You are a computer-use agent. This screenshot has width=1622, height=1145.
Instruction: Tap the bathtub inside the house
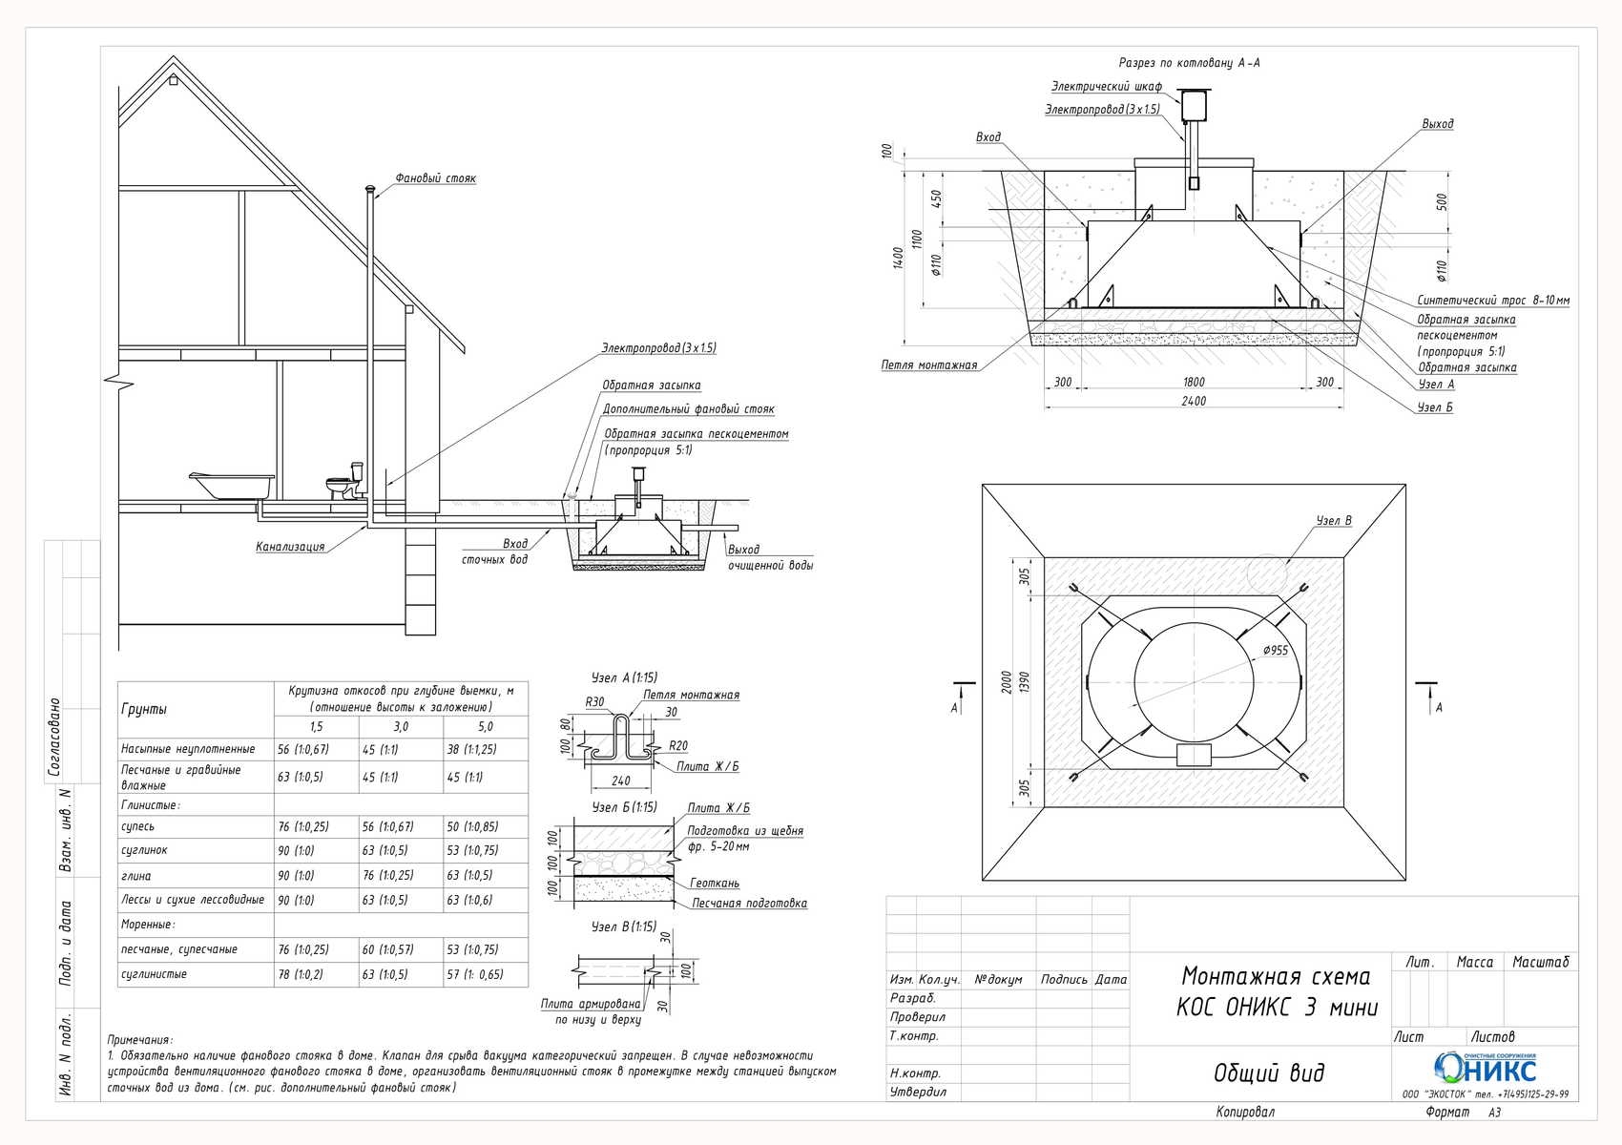[x=232, y=486]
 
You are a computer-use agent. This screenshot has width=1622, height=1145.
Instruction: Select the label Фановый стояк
[x=435, y=178]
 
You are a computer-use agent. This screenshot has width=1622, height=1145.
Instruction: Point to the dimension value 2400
[x=1194, y=401]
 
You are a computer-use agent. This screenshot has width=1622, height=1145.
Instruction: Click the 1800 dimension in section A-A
[x=1194, y=382]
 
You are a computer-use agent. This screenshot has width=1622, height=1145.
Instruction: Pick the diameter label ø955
[x=1275, y=651]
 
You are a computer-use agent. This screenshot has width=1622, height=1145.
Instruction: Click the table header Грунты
[x=144, y=709]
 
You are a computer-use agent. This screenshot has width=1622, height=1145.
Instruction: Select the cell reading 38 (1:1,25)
[x=471, y=749]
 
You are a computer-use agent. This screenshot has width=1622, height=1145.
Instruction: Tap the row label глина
[x=136, y=876]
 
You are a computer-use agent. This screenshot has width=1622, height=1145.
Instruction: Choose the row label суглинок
[x=144, y=850]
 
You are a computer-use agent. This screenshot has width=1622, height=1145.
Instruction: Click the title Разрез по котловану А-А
[x=1189, y=63]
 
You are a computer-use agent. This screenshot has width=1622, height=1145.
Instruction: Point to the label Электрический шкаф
[x=1106, y=86]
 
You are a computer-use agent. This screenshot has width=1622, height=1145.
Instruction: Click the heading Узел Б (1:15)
[x=623, y=807]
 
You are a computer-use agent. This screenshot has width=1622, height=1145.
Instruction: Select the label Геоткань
[x=714, y=883]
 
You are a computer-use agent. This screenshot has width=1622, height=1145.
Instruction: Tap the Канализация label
[x=290, y=546]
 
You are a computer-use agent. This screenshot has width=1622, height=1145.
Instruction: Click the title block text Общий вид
[x=1269, y=1072]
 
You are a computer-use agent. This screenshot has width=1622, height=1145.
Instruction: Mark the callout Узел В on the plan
[x=1333, y=521]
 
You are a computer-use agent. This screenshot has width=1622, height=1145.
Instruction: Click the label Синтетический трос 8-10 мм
[x=1493, y=300]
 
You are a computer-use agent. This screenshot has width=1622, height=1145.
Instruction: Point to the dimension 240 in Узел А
[x=620, y=781]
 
